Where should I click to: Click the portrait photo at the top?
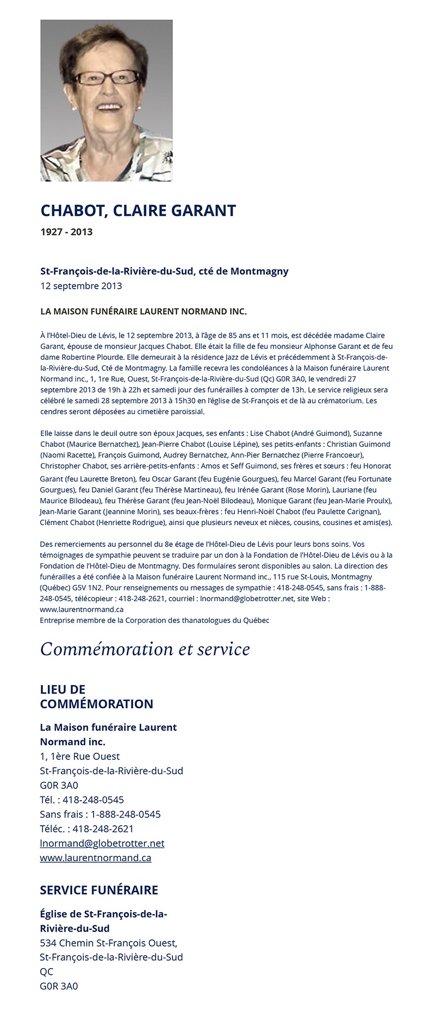point(107,101)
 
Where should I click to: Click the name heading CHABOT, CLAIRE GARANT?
point(138,210)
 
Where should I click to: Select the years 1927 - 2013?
point(66,232)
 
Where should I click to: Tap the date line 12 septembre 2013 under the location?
point(81,286)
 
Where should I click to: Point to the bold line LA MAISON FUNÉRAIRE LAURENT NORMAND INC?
point(144,311)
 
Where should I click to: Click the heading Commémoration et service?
point(145,649)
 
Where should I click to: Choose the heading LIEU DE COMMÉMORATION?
point(96,697)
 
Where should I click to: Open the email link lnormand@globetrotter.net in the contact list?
point(102,843)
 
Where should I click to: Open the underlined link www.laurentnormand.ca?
point(96,858)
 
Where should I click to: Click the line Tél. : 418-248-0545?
point(82,800)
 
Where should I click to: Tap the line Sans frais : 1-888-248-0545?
point(101,814)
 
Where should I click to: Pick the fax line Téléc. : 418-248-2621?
point(86,828)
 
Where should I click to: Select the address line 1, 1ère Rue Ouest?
point(80,756)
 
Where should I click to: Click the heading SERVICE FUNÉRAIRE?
point(99,890)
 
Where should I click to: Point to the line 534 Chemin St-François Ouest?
point(109,943)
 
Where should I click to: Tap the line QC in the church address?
point(47,971)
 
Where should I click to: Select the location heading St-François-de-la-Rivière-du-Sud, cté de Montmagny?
point(164,271)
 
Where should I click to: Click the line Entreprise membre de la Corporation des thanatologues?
point(154,620)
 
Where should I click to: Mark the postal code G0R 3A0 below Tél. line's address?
point(59,785)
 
